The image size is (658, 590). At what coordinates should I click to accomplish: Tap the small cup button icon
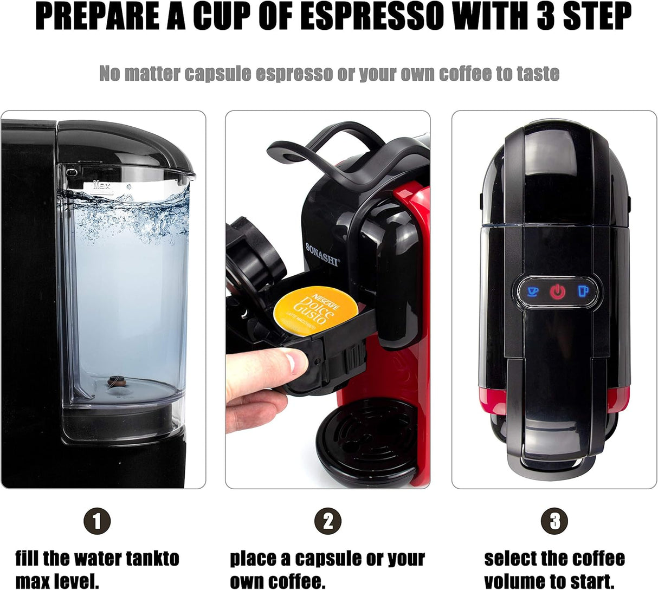533,292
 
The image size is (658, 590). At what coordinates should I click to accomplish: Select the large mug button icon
583,291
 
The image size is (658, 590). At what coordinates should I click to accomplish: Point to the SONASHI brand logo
322,254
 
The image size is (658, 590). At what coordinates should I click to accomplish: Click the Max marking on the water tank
102,185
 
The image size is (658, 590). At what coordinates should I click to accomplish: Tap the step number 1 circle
97,522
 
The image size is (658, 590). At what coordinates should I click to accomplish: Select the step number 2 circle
328,522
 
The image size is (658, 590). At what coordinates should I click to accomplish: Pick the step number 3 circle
554,522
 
